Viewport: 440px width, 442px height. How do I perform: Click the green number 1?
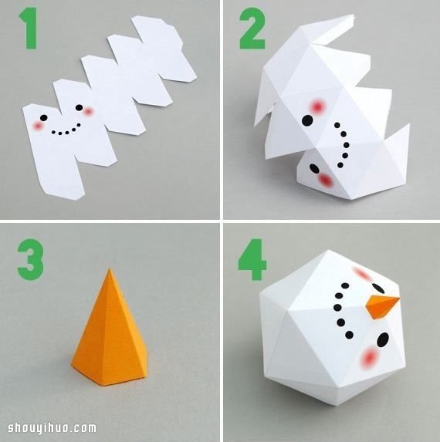click(29, 29)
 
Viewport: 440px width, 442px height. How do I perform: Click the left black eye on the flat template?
click(44, 119)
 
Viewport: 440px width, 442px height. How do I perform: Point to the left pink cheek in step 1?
click(36, 126)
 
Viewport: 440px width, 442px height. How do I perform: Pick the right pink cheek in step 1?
click(89, 111)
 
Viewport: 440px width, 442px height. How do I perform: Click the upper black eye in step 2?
click(307, 120)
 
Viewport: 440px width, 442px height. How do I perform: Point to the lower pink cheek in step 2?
click(325, 180)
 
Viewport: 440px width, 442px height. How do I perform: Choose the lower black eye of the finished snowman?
click(381, 338)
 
